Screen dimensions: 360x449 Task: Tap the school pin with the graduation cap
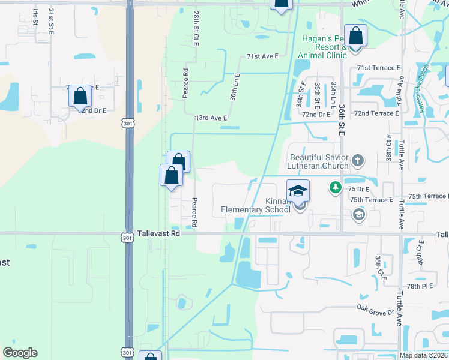pos(298,191)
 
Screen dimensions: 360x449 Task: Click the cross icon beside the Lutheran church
pos(358,160)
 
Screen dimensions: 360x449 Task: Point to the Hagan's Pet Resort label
pos(323,47)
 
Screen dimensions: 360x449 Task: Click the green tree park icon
pos(336,188)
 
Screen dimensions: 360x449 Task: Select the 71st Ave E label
pos(263,56)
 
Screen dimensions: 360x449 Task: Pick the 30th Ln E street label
pos(235,88)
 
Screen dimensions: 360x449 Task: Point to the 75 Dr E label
pos(359,188)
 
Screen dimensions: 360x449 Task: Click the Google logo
pos(20,353)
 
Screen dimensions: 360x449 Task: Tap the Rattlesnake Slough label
pos(423,88)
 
